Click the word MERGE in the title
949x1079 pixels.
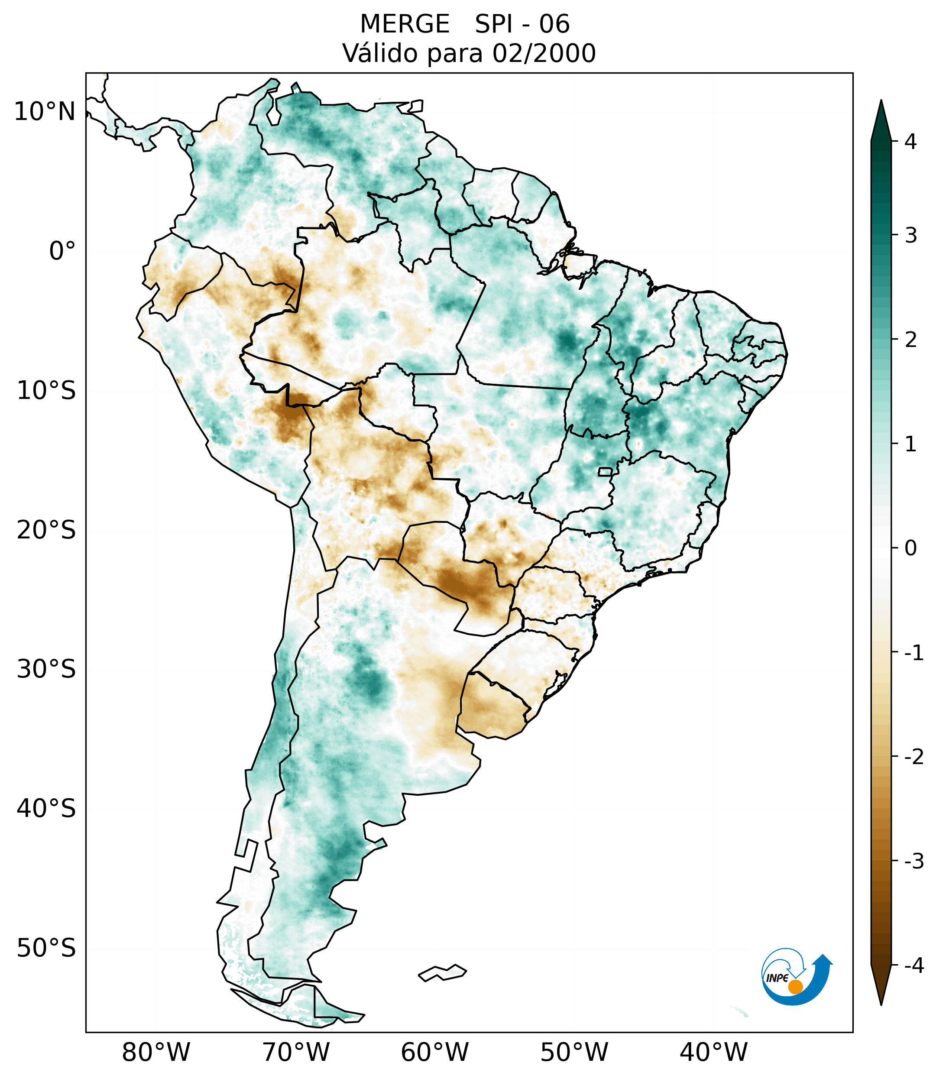tap(405, 24)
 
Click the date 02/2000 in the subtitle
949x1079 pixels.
tap(544, 53)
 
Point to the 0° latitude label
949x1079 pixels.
tap(62, 251)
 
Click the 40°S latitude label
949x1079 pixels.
tap(46, 808)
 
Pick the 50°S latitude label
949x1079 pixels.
tap(46, 948)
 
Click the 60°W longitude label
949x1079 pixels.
tap(434, 1052)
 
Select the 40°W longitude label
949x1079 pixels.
tap(714, 1052)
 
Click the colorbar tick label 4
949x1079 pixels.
tap(910, 142)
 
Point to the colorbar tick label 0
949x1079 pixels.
tap(910, 548)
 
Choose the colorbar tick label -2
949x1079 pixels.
tap(913, 757)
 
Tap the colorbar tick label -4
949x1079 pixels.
tap(913, 966)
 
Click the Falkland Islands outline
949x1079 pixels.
tap(442, 972)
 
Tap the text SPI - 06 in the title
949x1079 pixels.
tap(522, 24)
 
